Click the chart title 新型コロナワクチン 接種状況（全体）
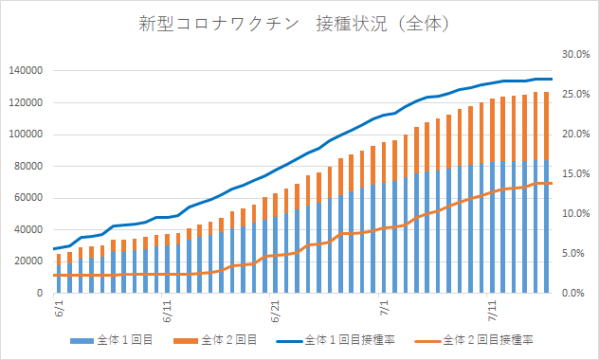(x=295, y=24)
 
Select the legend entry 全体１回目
(x=112, y=340)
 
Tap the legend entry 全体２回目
(x=215, y=340)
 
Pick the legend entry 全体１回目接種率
(x=336, y=340)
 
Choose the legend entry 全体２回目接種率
(x=474, y=340)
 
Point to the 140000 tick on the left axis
(x=26, y=71)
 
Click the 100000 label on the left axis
(x=26, y=135)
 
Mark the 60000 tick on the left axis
(x=29, y=198)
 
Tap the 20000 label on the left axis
(x=29, y=261)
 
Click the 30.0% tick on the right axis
(x=576, y=55)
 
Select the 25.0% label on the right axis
(x=576, y=94)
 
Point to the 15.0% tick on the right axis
(x=576, y=174)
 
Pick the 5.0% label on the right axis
(x=573, y=253)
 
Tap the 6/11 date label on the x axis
(x=168, y=311)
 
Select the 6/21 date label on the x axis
(x=275, y=311)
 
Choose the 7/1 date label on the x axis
(x=384, y=309)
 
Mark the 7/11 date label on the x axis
(x=492, y=311)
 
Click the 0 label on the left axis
(x=40, y=293)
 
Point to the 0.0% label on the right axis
(x=573, y=293)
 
